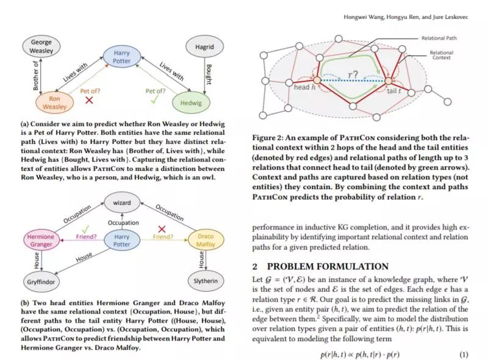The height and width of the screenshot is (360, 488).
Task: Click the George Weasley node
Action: (41, 47)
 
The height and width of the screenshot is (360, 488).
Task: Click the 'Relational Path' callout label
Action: (439, 38)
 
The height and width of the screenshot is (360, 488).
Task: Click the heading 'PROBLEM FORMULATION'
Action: (328, 267)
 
